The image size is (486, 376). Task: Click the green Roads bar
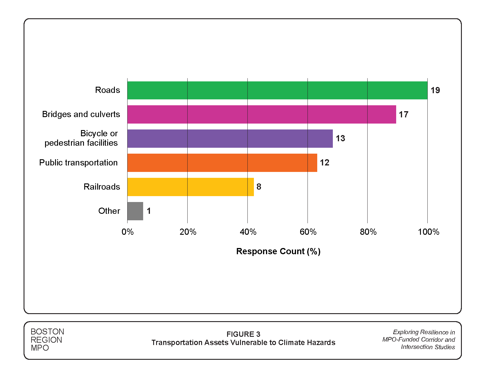(277, 90)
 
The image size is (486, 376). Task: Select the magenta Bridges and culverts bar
(262, 114)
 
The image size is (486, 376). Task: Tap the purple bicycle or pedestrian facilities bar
(230, 139)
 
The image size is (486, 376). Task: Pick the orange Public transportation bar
(222, 163)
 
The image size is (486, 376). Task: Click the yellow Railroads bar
(190, 187)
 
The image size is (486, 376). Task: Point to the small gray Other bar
(135, 211)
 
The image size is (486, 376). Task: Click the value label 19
(435, 90)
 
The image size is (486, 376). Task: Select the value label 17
(404, 114)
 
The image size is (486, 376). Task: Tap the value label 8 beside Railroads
(259, 187)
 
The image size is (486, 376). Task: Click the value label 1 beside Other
(149, 211)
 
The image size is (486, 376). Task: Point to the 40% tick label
(248, 232)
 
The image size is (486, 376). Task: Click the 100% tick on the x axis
(428, 232)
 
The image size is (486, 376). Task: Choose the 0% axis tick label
(128, 232)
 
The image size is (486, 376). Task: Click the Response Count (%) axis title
(278, 251)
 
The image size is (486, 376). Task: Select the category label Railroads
(102, 187)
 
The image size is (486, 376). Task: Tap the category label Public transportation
(78, 162)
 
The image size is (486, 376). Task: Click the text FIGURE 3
(243, 334)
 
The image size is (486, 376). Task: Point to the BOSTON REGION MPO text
(47, 340)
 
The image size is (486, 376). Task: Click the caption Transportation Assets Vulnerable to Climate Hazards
(243, 343)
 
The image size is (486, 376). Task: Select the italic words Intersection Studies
(428, 347)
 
